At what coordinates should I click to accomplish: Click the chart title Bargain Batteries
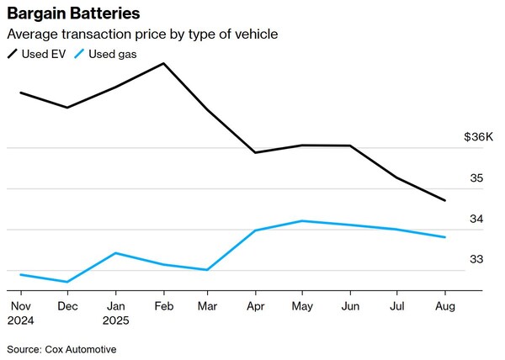click(73, 14)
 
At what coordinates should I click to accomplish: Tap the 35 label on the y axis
click(476, 178)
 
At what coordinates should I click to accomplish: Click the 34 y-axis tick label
click(476, 219)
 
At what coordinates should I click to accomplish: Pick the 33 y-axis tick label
click(476, 259)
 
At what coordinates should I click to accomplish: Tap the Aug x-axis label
click(444, 308)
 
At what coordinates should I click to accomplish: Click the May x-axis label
click(303, 308)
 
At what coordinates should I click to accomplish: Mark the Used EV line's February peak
click(162, 63)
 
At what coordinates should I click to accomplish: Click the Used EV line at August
click(444, 200)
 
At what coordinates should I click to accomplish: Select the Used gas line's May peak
click(303, 221)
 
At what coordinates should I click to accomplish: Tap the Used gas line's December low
click(67, 282)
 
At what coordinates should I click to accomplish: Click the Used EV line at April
click(255, 152)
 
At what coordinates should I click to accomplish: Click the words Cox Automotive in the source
click(82, 348)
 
